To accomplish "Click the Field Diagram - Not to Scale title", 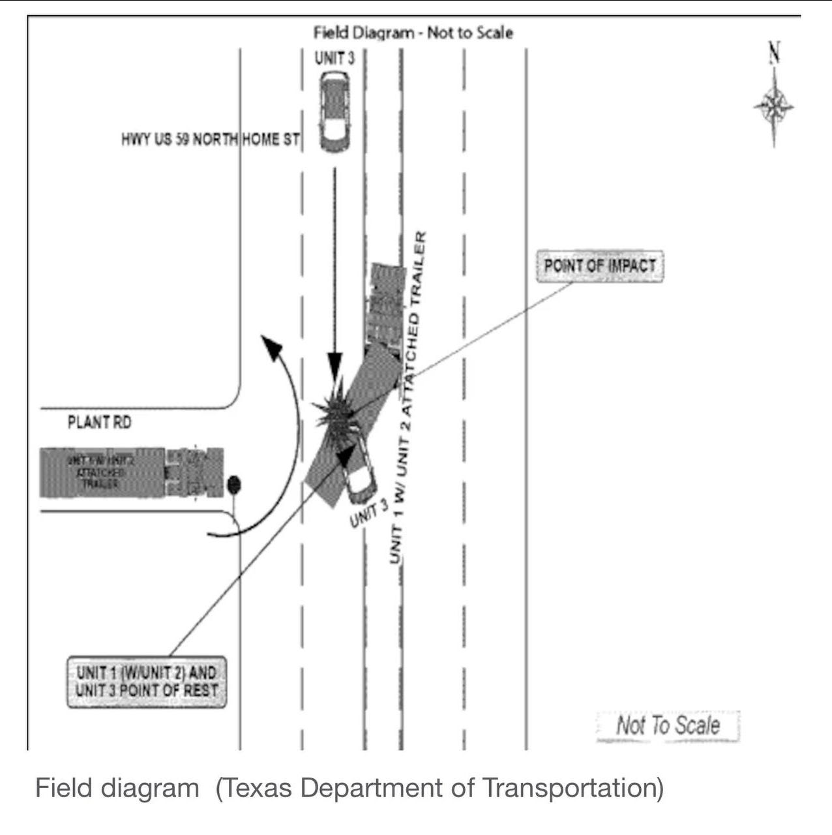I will (413, 33).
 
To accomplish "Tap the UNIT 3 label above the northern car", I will (334, 58).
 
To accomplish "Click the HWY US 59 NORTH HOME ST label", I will (210, 140).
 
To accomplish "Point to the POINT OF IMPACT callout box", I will (599, 266).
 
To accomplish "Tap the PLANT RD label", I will (99, 423).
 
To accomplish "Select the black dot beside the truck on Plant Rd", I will (234, 485).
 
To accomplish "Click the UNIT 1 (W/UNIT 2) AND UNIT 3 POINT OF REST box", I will (147, 682).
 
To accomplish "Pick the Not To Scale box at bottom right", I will (668, 725).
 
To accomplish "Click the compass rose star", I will (774, 106).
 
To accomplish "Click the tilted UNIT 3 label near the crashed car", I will (369, 513).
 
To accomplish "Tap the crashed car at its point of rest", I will (358, 474).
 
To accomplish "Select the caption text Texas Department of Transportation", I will (439, 788).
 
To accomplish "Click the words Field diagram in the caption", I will (117, 788).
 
